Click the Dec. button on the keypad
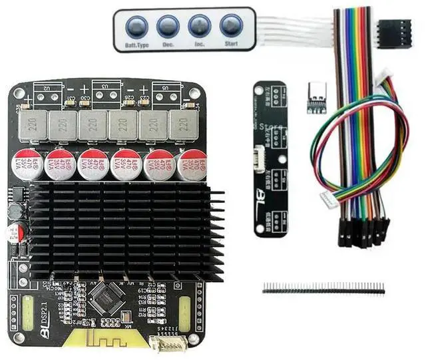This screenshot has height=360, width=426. [168, 27]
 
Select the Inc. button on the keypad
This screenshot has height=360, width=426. [199, 27]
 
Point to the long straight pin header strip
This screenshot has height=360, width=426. [323, 287]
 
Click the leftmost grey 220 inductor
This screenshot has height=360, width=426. [32, 124]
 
